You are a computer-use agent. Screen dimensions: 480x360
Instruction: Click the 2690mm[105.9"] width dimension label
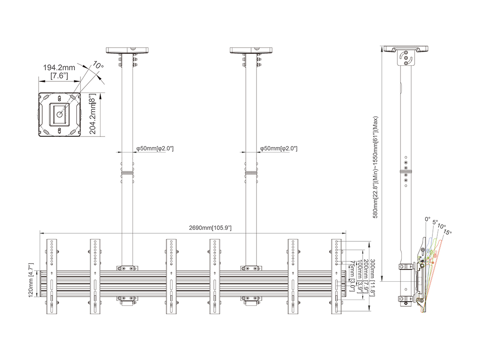[210, 228]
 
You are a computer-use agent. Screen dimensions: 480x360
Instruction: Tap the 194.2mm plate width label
[59, 68]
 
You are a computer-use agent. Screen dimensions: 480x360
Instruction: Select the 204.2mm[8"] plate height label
[93, 114]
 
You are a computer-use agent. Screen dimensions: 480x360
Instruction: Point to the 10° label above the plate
[98, 65]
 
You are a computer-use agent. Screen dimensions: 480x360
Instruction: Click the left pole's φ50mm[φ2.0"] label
[155, 148]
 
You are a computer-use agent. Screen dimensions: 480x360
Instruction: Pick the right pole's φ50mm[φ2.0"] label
[279, 148]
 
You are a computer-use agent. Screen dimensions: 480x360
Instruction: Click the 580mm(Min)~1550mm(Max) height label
[376, 167]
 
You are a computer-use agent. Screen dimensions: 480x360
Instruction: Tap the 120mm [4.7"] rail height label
[31, 280]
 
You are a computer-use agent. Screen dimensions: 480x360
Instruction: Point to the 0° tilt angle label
[428, 219]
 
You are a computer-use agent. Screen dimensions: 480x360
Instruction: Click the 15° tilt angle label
[447, 232]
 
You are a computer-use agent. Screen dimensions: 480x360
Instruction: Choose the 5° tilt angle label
[435, 222]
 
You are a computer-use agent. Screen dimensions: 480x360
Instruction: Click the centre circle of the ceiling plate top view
[60, 115]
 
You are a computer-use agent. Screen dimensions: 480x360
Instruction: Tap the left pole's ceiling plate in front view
[128, 50]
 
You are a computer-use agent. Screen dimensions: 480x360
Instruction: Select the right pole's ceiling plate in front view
[251, 50]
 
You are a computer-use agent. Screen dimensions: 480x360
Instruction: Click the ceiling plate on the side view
[406, 49]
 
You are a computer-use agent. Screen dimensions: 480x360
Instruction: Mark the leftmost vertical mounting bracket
[52, 276]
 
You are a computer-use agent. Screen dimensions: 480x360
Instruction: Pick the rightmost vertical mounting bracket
[336, 276]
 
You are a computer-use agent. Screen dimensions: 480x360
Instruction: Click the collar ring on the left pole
[128, 173]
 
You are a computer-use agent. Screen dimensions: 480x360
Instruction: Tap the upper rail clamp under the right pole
[251, 268]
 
